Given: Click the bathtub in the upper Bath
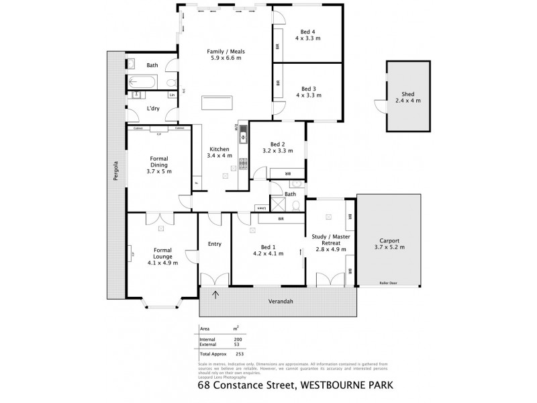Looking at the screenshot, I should coord(142,83).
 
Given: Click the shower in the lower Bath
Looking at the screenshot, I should coord(277,204).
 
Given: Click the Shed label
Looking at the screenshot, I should coord(407,95).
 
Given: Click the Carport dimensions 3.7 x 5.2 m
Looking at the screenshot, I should coord(389,247).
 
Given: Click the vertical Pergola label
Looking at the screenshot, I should coord(115,171).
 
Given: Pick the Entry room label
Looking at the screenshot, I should coord(214,244).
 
